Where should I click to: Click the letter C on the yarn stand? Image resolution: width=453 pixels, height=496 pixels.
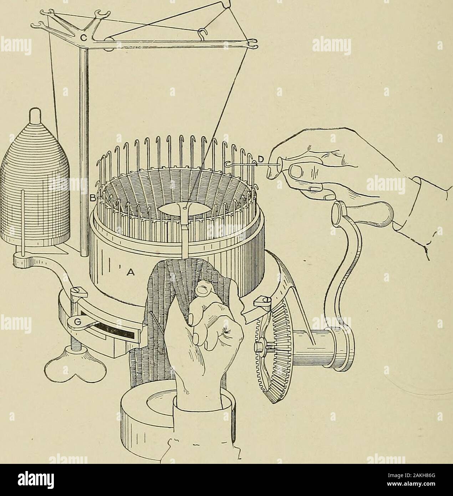coord(84,37)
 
